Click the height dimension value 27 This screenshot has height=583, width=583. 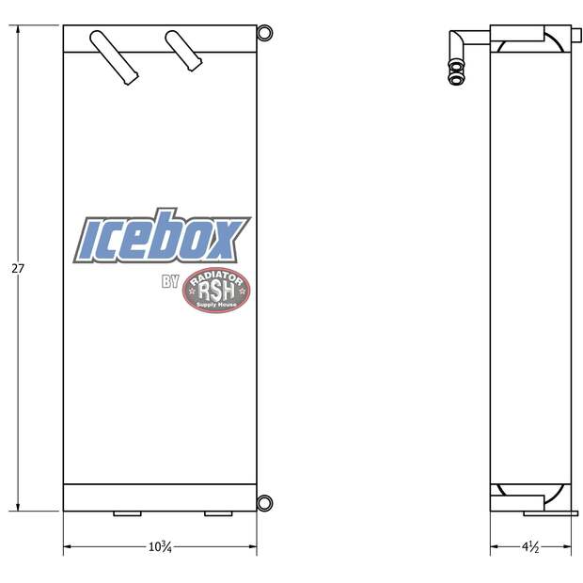(18, 268)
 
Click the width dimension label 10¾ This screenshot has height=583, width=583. (160, 546)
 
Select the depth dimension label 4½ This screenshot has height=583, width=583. (530, 546)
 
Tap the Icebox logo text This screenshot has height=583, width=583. (162, 236)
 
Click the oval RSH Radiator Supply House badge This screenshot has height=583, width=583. (216, 290)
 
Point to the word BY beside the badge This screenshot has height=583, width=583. (170, 281)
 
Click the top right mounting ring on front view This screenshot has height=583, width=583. (264, 33)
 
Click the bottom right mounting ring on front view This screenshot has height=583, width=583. (264, 503)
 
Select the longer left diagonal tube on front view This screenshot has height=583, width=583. (114, 57)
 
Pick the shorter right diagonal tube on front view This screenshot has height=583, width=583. (183, 51)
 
